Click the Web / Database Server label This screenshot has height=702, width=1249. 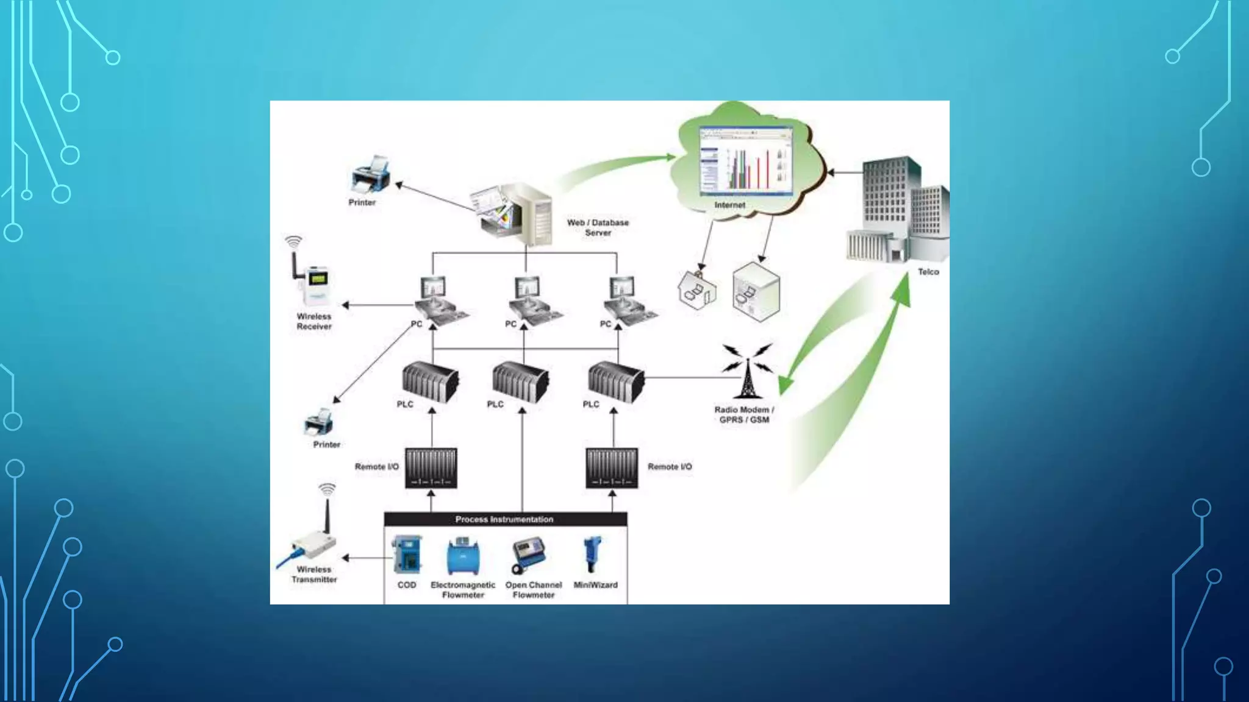click(x=598, y=227)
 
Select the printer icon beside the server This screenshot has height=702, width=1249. click(x=371, y=174)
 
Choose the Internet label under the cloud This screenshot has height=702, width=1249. click(x=729, y=205)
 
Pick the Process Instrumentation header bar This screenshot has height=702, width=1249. click(x=505, y=519)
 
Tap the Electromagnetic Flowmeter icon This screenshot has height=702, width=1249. click(x=463, y=556)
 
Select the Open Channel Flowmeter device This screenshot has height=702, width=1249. click(x=528, y=554)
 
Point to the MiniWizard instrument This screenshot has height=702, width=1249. click(x=592, y=554)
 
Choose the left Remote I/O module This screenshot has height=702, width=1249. click(x=431, y=468)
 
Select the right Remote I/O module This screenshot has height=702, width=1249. click(x=612, y=468)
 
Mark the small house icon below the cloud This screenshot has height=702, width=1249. click(x=697, y=289)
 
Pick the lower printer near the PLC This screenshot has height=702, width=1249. click(x=319, y=422)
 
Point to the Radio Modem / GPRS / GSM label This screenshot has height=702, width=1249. click(x=744, y=415)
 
